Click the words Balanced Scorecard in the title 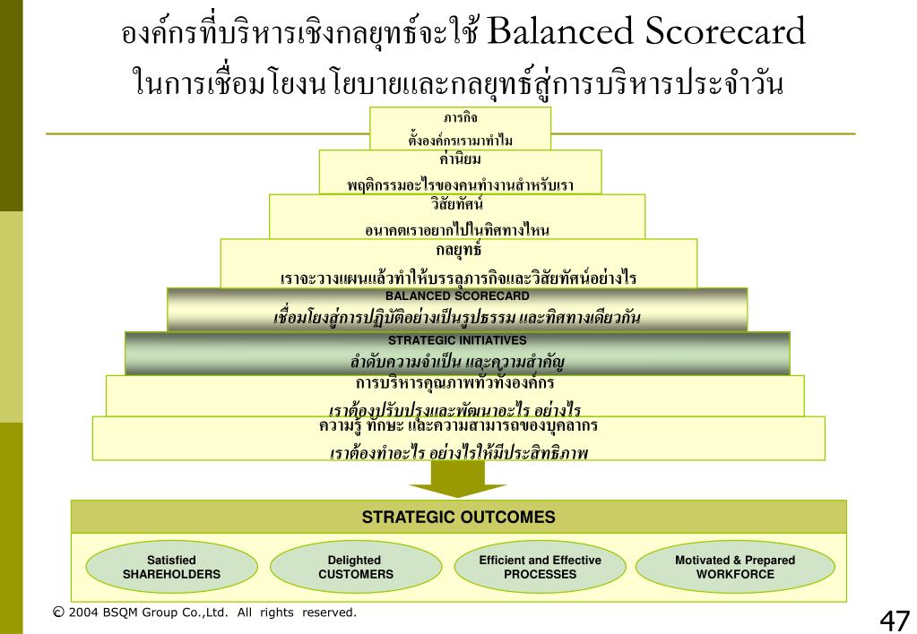click(649, 33)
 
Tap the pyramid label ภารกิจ click(460, 117)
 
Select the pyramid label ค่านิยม click(462, 159)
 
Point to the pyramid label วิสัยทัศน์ click(456, 203)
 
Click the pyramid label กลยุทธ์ click(458, 251)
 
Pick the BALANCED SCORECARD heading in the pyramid click(457, 296)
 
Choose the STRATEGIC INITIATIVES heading click(457, 340)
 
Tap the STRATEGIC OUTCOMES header click(458, 517)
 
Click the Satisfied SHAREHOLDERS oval click(171, 567)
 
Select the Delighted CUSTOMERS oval click(355, 567)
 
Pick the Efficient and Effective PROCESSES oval click(540, 567)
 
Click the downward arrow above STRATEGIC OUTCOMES click(458, 484)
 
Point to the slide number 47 click(895, 619)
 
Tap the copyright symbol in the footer click(58, 613)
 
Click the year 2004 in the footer click(83, 613)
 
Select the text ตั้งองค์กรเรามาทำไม click(460, 141)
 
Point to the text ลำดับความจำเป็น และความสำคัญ click(456, 363)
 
